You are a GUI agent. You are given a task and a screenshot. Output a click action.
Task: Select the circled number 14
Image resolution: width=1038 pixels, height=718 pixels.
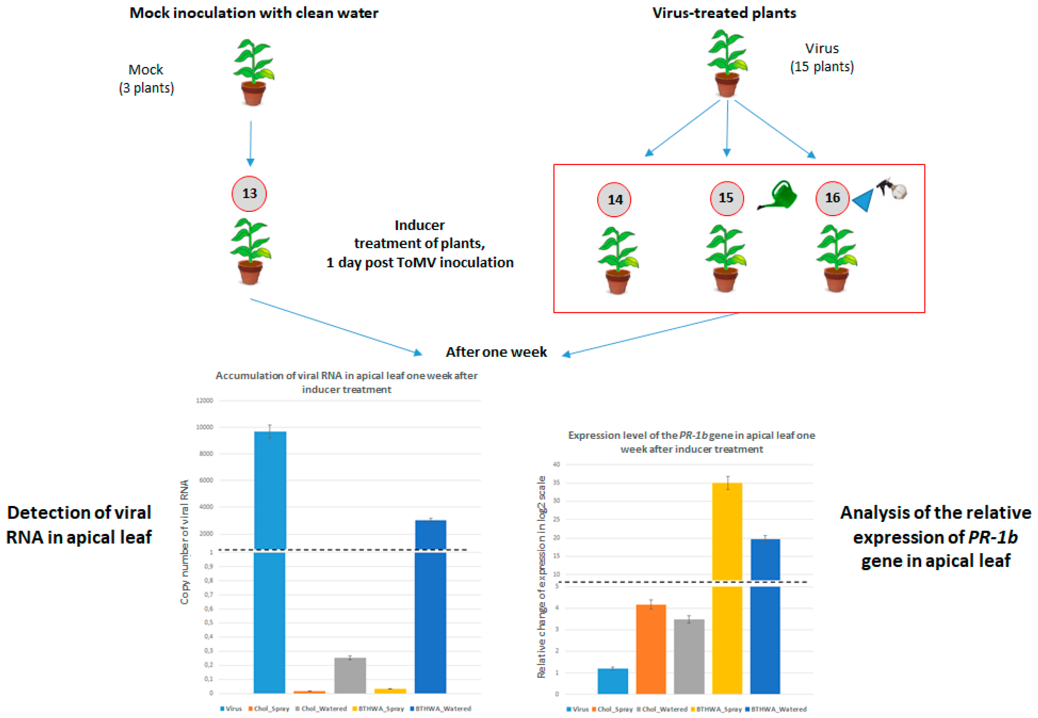coord(614,199)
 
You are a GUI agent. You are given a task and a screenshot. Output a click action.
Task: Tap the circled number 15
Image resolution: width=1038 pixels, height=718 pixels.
coord(726,198)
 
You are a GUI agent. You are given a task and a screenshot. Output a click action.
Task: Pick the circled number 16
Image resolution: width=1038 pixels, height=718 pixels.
coord(832,198)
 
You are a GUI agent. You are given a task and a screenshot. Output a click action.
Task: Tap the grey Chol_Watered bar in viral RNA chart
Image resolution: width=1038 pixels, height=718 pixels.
coord(350,675)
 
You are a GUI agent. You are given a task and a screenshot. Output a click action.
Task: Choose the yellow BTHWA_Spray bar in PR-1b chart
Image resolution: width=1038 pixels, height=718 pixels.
coord(727,585)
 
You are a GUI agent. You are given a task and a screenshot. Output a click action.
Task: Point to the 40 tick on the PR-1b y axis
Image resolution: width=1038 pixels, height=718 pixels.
coord(556,464)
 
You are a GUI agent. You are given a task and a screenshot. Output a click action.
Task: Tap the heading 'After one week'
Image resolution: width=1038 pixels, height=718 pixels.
coord(496,352)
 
